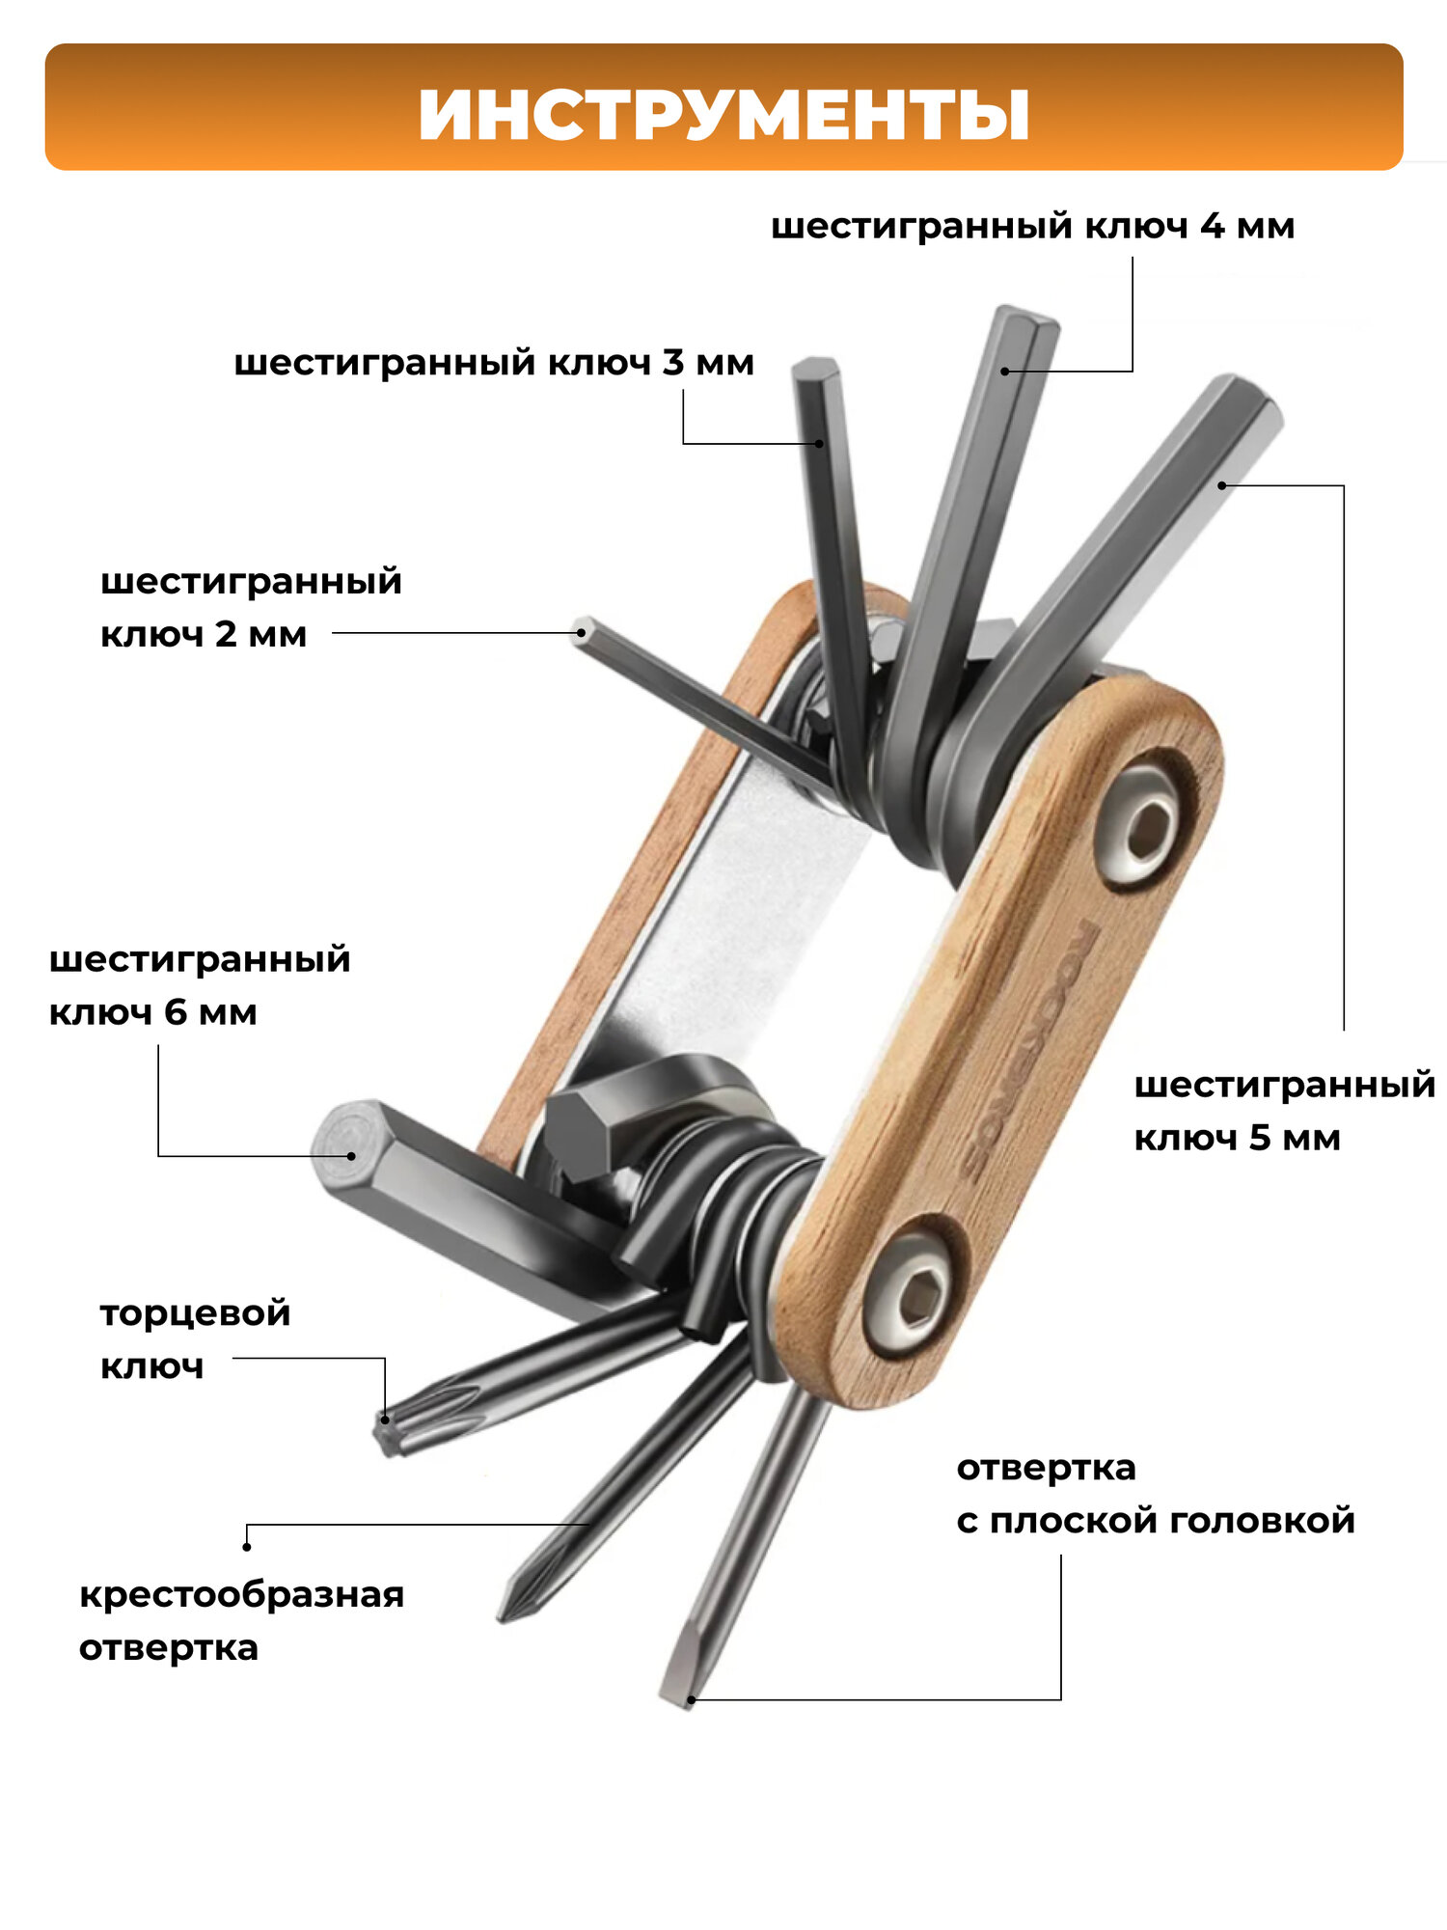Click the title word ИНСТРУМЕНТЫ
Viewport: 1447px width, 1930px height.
723,115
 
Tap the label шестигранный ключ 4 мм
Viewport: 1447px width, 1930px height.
1032,227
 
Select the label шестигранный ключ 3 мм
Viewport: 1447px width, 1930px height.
494,364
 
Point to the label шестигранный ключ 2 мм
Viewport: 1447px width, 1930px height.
251,608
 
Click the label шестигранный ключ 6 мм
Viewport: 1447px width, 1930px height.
200,985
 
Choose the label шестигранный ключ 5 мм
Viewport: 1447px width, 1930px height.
1284,1111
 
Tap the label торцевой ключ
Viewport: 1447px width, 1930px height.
195,1339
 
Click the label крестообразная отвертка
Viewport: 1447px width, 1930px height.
241,1621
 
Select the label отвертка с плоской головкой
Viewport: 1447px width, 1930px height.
1155,1494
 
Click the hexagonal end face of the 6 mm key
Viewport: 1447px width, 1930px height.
348,1139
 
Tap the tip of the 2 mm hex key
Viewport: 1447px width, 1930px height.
582,631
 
